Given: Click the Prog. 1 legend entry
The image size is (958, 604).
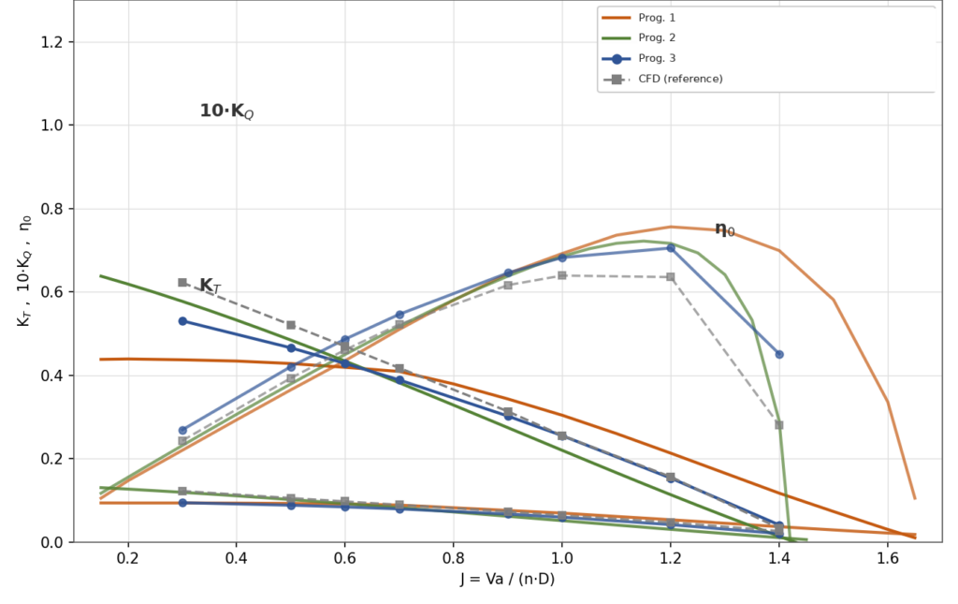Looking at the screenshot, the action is (x=638, y=18).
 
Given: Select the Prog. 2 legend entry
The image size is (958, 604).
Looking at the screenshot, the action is (x=638, y=37).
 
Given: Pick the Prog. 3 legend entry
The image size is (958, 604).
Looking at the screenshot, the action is (x=638, y=59).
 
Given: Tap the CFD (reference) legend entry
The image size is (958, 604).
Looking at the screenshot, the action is (x=662, y=79).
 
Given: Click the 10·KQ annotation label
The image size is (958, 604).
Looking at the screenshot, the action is (x=226, y=111).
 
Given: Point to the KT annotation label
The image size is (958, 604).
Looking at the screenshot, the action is (x=210, y=286).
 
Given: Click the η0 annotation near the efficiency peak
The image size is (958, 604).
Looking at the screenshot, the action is (x=725, y=229).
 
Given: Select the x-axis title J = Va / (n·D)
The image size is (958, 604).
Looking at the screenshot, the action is (x=507, y=579).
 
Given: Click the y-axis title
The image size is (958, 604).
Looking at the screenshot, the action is (x=23, y=271).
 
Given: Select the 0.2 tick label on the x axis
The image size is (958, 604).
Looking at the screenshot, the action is (x=127, y=558).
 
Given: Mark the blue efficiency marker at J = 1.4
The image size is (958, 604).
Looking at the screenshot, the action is (x=779, y=355).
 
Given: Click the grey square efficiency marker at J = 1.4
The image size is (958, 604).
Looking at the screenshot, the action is (x=779, y=425).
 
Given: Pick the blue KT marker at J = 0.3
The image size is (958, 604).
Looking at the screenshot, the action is (x=182, y=321).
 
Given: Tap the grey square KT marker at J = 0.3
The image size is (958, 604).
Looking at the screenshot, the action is (x=182, y=283).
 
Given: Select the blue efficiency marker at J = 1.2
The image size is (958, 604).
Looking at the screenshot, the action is (x=670, y=248).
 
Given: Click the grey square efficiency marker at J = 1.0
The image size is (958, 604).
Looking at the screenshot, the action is (x=562, y=275).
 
